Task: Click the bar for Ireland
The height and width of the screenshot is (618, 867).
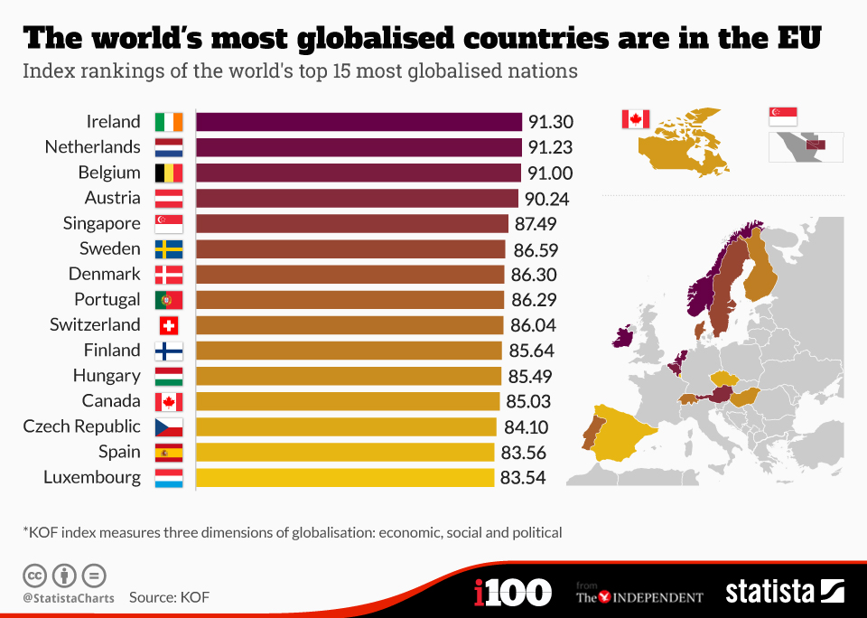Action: [359, 122]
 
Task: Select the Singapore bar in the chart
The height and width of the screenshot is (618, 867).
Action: [352, 223]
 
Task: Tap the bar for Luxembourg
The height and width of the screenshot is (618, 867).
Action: [345, 477]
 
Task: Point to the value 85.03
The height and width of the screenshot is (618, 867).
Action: [528, 401]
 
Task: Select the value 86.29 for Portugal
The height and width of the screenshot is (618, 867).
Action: [533, 299]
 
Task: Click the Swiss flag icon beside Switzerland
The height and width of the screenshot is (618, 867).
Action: [169, 325]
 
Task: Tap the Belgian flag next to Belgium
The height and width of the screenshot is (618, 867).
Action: [169, 173]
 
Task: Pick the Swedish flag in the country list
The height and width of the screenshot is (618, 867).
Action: [169, 249]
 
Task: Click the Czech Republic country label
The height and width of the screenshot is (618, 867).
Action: [82, 426]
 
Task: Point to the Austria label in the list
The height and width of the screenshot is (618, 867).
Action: [113, 198]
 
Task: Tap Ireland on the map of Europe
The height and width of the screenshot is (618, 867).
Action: [623, 338]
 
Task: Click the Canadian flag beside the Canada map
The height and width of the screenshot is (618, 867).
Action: [636, 119]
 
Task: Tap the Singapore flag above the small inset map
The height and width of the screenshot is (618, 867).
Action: [783, 116]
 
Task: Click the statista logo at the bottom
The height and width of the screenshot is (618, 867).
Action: [784, 592]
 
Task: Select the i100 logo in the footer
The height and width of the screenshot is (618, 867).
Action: [512, 593]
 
